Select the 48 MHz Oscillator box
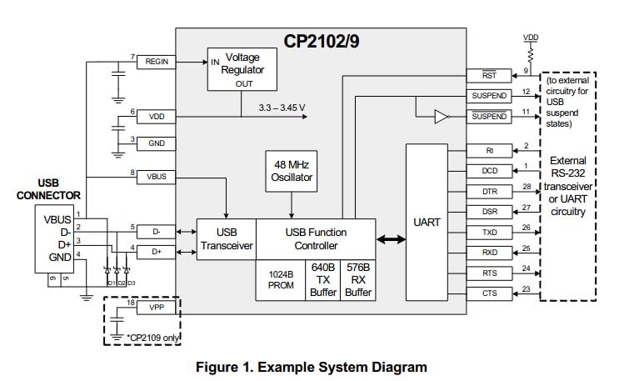pyautogui.click(x=291, y=171)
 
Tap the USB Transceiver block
pyautogui.click(x=226, y=238)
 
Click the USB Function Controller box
pyautogui.click(x=315, y=238)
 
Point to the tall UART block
pyautogui.click(x=426, y=222)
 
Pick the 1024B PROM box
pyautogui.click(x=281, y=280)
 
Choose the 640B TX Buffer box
pyautogui.click(x=322, y=280)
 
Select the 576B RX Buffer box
pyautogui.click(x=358, y=280)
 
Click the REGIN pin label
pyautogui.click(x=157, y=63)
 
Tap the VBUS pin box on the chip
pyautogui.click(x=157, y=178)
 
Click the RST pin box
pyautogui.click(x=489, y=76)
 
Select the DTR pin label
pyautogui.click(x=489, y=191)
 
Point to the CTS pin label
pyautogui.click(x=489, y=293)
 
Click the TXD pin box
pyautogui.click(x=489, y=232)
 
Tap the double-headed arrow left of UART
pyautogui.click(x=391, y=239)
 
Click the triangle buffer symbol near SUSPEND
pyautogui.click(x=442, y=117)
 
